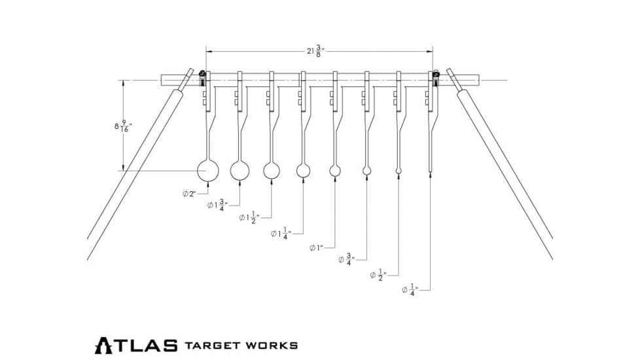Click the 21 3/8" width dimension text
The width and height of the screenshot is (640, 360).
coord(315,51)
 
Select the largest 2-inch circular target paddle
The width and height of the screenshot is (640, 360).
coord(207,171)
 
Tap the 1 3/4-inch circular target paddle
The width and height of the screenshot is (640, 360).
coord(240,171)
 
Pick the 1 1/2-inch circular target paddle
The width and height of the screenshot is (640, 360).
coord(272,171)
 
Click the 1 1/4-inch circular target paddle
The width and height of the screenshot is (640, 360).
coord(303,171)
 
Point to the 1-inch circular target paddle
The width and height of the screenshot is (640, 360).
coord(335,171)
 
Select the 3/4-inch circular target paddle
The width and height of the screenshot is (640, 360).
coord(366,171)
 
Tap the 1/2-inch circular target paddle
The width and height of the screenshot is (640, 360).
coord(399,171)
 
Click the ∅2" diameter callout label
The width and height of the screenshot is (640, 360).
coord(189,194)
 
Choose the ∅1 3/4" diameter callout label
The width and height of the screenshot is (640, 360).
coord(218,206)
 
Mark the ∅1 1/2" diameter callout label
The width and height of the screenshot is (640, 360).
coord(249,217)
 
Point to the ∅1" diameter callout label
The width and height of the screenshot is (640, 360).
coord(317,248)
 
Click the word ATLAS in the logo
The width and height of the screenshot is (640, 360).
coord(136,346)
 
